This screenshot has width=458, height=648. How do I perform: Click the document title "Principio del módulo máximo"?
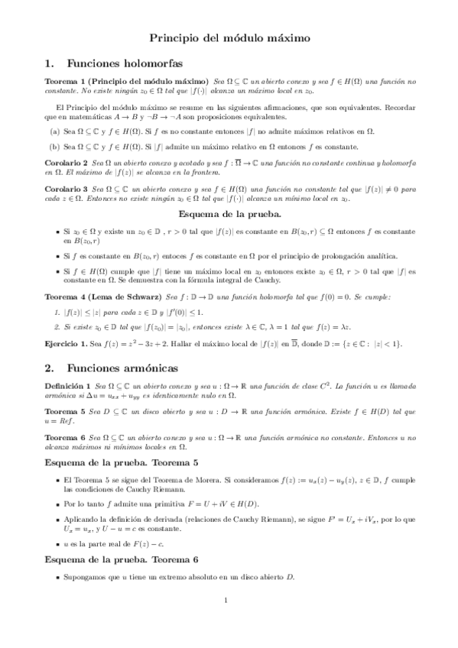229,36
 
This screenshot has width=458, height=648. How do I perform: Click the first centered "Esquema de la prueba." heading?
228,213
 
